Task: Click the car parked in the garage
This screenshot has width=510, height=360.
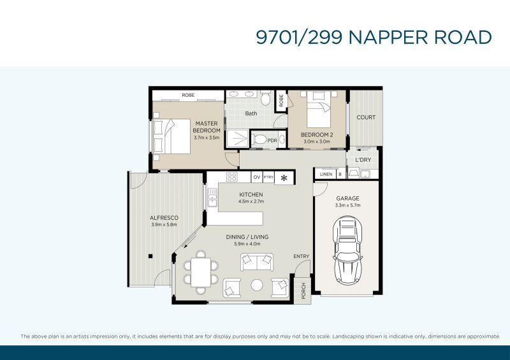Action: click(347, 250)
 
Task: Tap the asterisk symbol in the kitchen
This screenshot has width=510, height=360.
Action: click(284, 178)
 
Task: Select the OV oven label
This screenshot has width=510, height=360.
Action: click(257, 177)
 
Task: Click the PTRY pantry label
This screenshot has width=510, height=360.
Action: click(268, 177)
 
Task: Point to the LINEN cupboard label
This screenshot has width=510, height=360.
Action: click(326, 175)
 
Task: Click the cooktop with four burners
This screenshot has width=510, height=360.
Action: click(232, 177)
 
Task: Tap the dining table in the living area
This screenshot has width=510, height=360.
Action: click(201, 272)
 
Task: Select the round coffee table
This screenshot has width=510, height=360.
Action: click(257, 285)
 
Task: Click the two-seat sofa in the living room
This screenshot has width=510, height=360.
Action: click(257, 262)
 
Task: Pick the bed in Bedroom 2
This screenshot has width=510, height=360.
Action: click(319, 110)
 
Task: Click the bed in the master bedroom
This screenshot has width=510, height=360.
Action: click(171, 136)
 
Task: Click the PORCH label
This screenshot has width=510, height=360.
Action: click(303, 291)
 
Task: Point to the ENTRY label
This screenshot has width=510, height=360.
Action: click(301, 256)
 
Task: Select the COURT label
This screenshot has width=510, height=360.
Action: click(366, 117)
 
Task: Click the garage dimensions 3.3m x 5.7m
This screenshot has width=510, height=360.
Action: click(347, 205)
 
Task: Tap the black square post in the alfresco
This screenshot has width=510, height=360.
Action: click(150, 256)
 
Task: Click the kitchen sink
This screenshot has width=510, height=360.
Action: click(212, 198)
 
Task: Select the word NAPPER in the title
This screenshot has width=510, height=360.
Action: click(388, 37)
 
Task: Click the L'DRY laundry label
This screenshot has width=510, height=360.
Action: click(363, 160)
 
